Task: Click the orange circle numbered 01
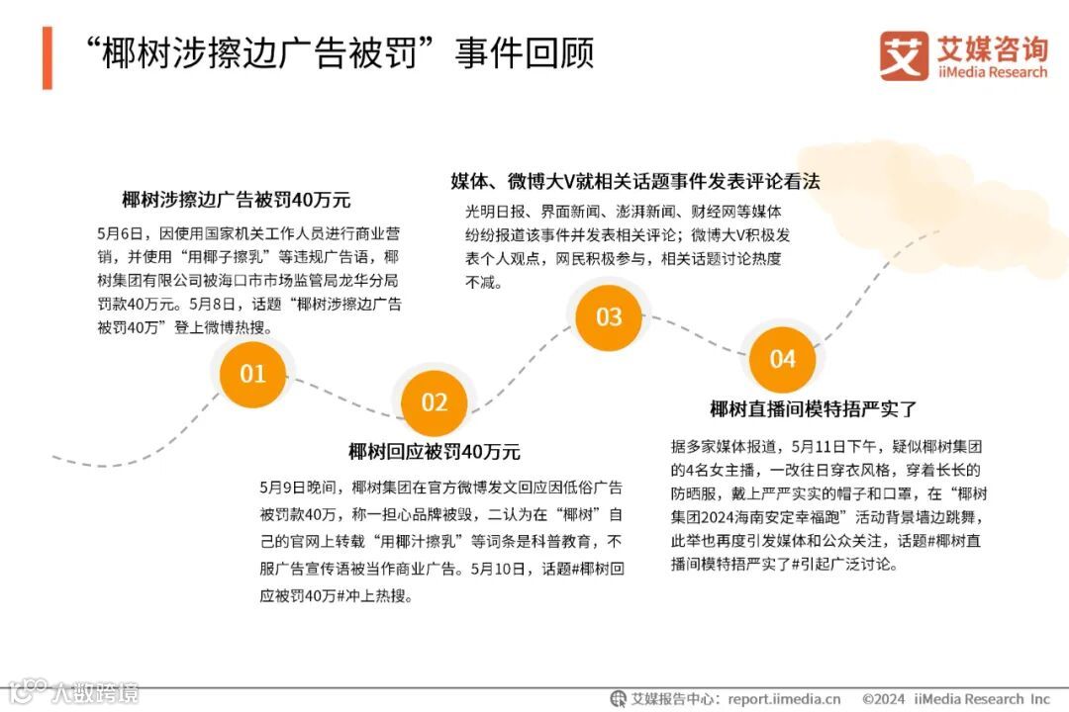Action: click(252, 374)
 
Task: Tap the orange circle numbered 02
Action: click(435, 402)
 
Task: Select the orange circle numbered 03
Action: click(608, 317)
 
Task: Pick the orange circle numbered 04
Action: click(782, 359)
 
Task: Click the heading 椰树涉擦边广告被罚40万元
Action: click(237, 199)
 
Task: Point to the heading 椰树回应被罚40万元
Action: click(434, 452)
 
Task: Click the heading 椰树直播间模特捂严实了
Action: click(814, 408)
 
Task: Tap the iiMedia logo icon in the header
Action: click(903, 54)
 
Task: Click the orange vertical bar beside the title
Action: click(48, 57)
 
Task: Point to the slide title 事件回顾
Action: click(525, 54)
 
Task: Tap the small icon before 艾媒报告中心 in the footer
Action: click(618, 698)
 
